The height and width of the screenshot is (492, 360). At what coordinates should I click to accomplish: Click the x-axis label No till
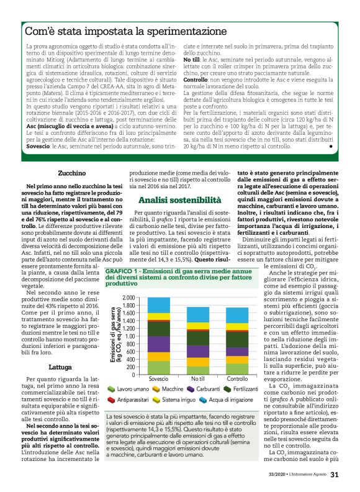click(199, 378)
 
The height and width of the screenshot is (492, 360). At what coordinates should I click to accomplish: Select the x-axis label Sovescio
click(159, 378)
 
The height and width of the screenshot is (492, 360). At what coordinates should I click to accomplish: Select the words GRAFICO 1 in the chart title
click(126, 272)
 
